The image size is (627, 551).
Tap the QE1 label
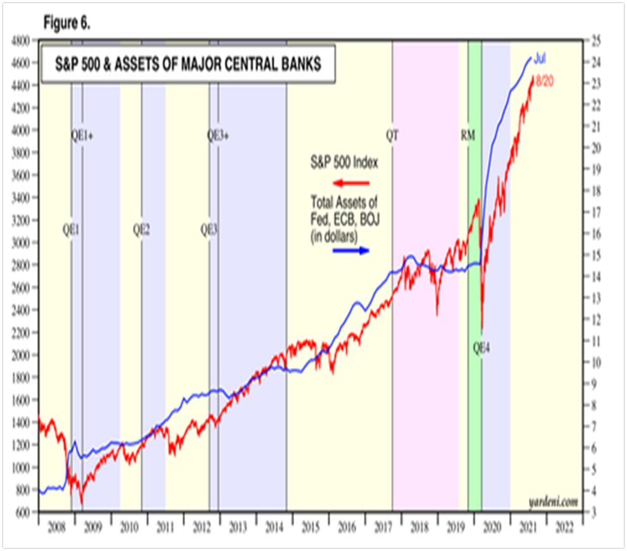71,230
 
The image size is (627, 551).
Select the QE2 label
142,230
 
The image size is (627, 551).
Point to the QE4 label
483,347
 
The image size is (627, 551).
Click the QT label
392,135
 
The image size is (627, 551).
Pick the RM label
469,135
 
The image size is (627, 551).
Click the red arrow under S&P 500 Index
352,183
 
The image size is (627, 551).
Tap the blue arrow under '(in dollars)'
351,250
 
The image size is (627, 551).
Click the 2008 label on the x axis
55,526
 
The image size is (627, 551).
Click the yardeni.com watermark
553,502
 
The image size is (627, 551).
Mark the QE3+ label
219,135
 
